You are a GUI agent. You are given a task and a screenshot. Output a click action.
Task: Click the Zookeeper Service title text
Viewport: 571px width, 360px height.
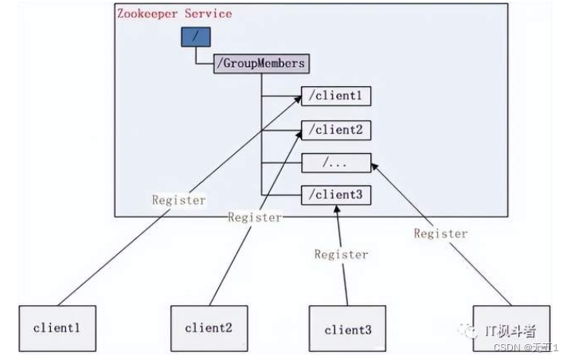[x=174, y=14]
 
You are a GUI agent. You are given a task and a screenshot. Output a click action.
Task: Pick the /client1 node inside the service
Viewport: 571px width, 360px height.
[x=335, y=97]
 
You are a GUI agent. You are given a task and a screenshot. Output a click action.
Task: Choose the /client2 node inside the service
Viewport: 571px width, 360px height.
[x=335, y=130]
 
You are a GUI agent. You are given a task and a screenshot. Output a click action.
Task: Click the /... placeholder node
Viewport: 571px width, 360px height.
[x=335, y=162]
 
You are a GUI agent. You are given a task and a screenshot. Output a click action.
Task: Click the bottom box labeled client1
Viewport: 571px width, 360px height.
[x=57, y=327]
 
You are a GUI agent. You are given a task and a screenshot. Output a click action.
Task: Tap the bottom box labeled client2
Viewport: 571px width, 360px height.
[x=208, y=327]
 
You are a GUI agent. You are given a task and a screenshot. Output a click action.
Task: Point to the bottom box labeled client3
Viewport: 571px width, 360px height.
[x=347, y=328]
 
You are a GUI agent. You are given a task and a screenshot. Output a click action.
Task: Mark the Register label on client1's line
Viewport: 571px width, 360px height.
[x=179, y=200]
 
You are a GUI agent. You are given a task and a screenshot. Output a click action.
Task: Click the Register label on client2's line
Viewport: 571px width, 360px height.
[x=254, y=217]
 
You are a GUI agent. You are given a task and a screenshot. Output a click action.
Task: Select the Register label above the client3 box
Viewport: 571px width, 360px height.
[x=341, y=254]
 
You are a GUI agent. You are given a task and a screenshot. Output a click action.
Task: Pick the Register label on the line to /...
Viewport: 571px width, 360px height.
[x=440, y=233]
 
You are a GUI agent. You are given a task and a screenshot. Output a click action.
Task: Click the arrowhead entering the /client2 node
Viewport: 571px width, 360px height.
[x=296, y=137]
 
